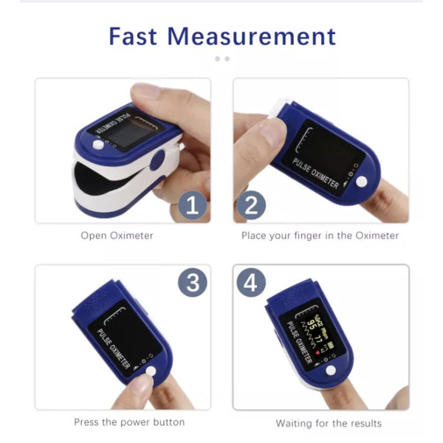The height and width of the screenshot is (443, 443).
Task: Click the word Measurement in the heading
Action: point(251,35)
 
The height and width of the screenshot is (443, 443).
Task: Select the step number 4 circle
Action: point(250,282)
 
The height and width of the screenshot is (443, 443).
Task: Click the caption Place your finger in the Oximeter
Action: point(320,236)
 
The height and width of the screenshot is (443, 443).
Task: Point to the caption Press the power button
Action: point(129,422)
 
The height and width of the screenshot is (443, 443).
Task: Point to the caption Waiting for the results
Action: point(329,423)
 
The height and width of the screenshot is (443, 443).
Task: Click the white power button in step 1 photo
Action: point(98,145)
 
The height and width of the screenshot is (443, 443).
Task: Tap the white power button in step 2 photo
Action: point(361,182)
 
